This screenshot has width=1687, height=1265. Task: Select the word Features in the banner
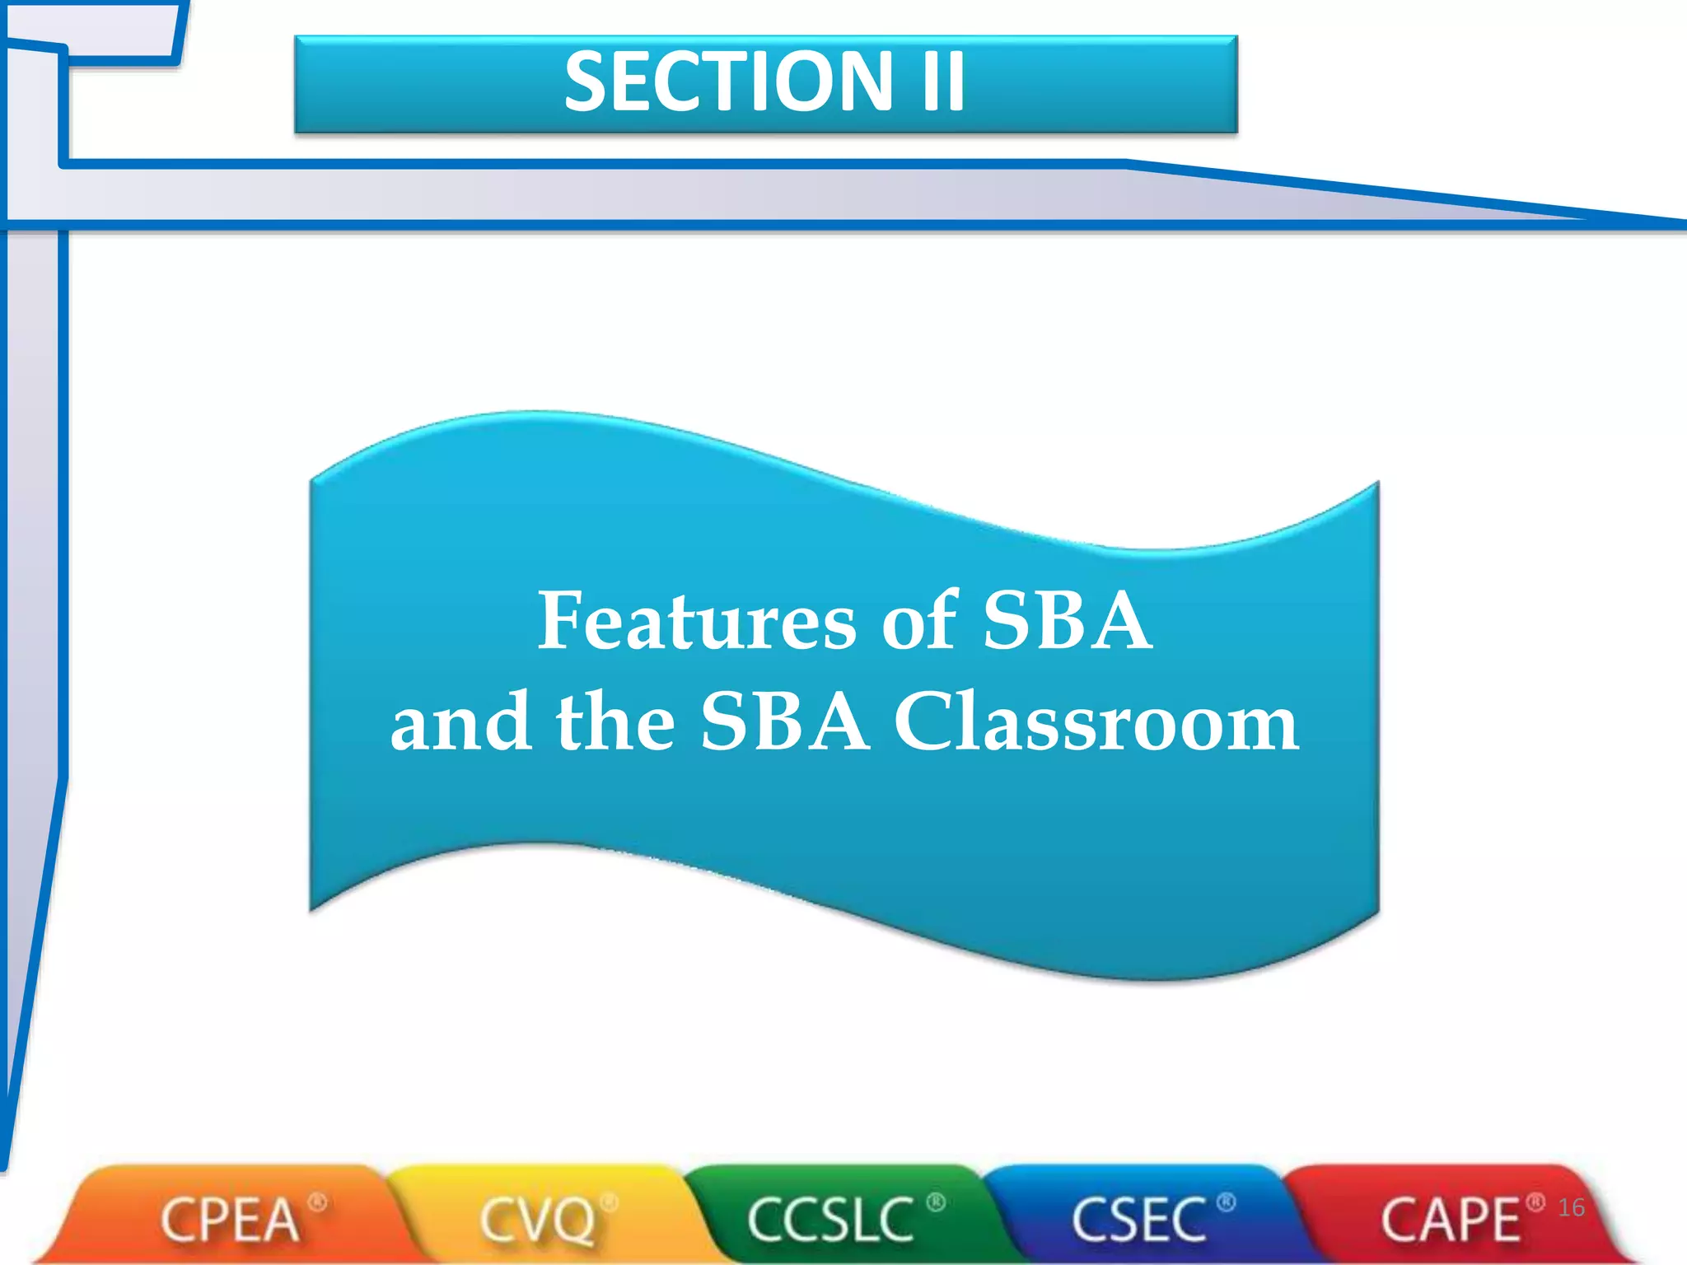click(x=697, y=621)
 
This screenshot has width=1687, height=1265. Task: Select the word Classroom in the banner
click(x=1097, y=722)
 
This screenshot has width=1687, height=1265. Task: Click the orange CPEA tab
click(x=229, y=1220)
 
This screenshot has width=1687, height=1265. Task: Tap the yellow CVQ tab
click(x=537, y=1220)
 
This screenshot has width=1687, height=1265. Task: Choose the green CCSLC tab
click(x=830, y=1220)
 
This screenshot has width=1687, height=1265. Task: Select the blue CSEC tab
click(x=1138, y=1220)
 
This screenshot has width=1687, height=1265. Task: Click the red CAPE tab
click(x=1450, y=1220)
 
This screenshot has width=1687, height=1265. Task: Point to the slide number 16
click(x=1571, y=1207)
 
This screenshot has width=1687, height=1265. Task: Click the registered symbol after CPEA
click(x=318, y=1203)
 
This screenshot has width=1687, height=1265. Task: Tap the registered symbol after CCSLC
click(x=936, y=1203)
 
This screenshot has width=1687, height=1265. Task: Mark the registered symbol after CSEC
click(x=1226, y=1203)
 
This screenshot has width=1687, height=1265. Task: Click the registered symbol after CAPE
click(x=1535, y=1203)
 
